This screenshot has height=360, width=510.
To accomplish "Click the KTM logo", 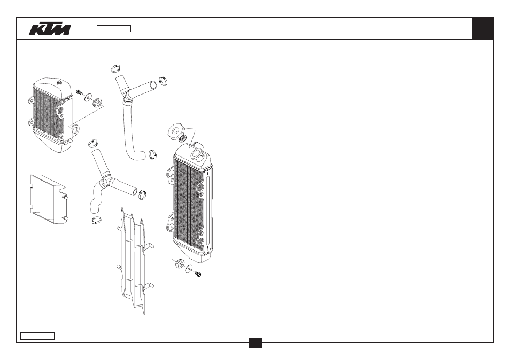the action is pyautogui.click(x=50, y=29).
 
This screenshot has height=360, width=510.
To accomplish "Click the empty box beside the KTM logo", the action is pyautogui.click(x=114, y=29).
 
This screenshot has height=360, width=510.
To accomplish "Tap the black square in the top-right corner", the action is pyautogui.click(x=483, y=29).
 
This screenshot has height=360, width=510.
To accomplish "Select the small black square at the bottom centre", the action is pyautogui.click(x=256, y=343).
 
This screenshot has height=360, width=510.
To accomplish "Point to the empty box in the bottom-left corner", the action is pyautogui.click(x=37, y=336).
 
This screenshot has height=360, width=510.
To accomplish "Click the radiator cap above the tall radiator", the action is pyautogui.click(x=177, y=132).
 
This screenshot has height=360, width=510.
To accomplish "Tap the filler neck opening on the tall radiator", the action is pyautogui.click(x=196, y=153).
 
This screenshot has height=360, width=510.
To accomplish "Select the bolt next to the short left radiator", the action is pyautogui.click(x=79, y=92).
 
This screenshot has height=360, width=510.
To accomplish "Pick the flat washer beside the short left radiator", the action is pyautogui.click(x=88, y=97).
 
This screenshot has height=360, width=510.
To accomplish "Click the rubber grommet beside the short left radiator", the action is pyautogui.click(x=97, y=103).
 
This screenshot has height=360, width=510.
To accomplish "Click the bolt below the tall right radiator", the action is pyautogui.click(x=198, y=274).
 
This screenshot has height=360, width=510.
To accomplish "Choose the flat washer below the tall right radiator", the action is pyautogui.click(x=188, y=269).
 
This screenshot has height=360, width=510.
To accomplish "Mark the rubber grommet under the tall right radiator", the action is pyautogui.click(x=179, y=263).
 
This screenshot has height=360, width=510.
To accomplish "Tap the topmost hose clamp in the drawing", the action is pyautogui.click(x=115, y=68).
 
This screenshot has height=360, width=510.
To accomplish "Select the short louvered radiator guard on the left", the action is pyautogui.click(x=49, y=199).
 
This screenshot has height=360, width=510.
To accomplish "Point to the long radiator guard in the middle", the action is pyautogui.click(x=135, y=261).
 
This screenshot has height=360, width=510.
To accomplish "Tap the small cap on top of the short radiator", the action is pyautogui.click(x=59, y=83).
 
